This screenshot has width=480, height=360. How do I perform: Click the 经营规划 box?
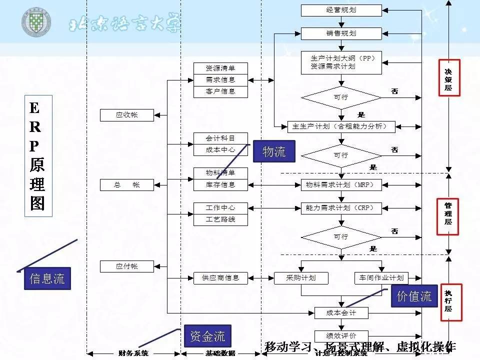341,10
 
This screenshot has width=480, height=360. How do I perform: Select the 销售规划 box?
341,33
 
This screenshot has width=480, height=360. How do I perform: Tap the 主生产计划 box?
341,126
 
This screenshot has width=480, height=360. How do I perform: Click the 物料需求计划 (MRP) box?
341,185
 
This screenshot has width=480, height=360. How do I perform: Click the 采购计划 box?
301,278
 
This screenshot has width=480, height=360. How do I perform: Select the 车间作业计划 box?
381,278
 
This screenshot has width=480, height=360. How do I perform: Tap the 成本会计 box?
341,313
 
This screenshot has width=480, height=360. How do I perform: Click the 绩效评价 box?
341,336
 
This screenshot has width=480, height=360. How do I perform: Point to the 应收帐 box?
126,115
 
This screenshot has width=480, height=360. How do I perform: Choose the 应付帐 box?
126,266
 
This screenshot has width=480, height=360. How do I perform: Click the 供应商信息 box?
220,278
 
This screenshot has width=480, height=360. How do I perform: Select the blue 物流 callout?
274,151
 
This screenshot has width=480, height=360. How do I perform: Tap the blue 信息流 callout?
47,278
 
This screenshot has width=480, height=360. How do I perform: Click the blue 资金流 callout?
207,336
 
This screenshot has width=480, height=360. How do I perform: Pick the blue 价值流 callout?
414,296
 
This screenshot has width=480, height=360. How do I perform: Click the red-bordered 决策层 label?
449,77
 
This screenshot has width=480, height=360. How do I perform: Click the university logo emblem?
35,22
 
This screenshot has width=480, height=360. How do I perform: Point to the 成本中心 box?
220,149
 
